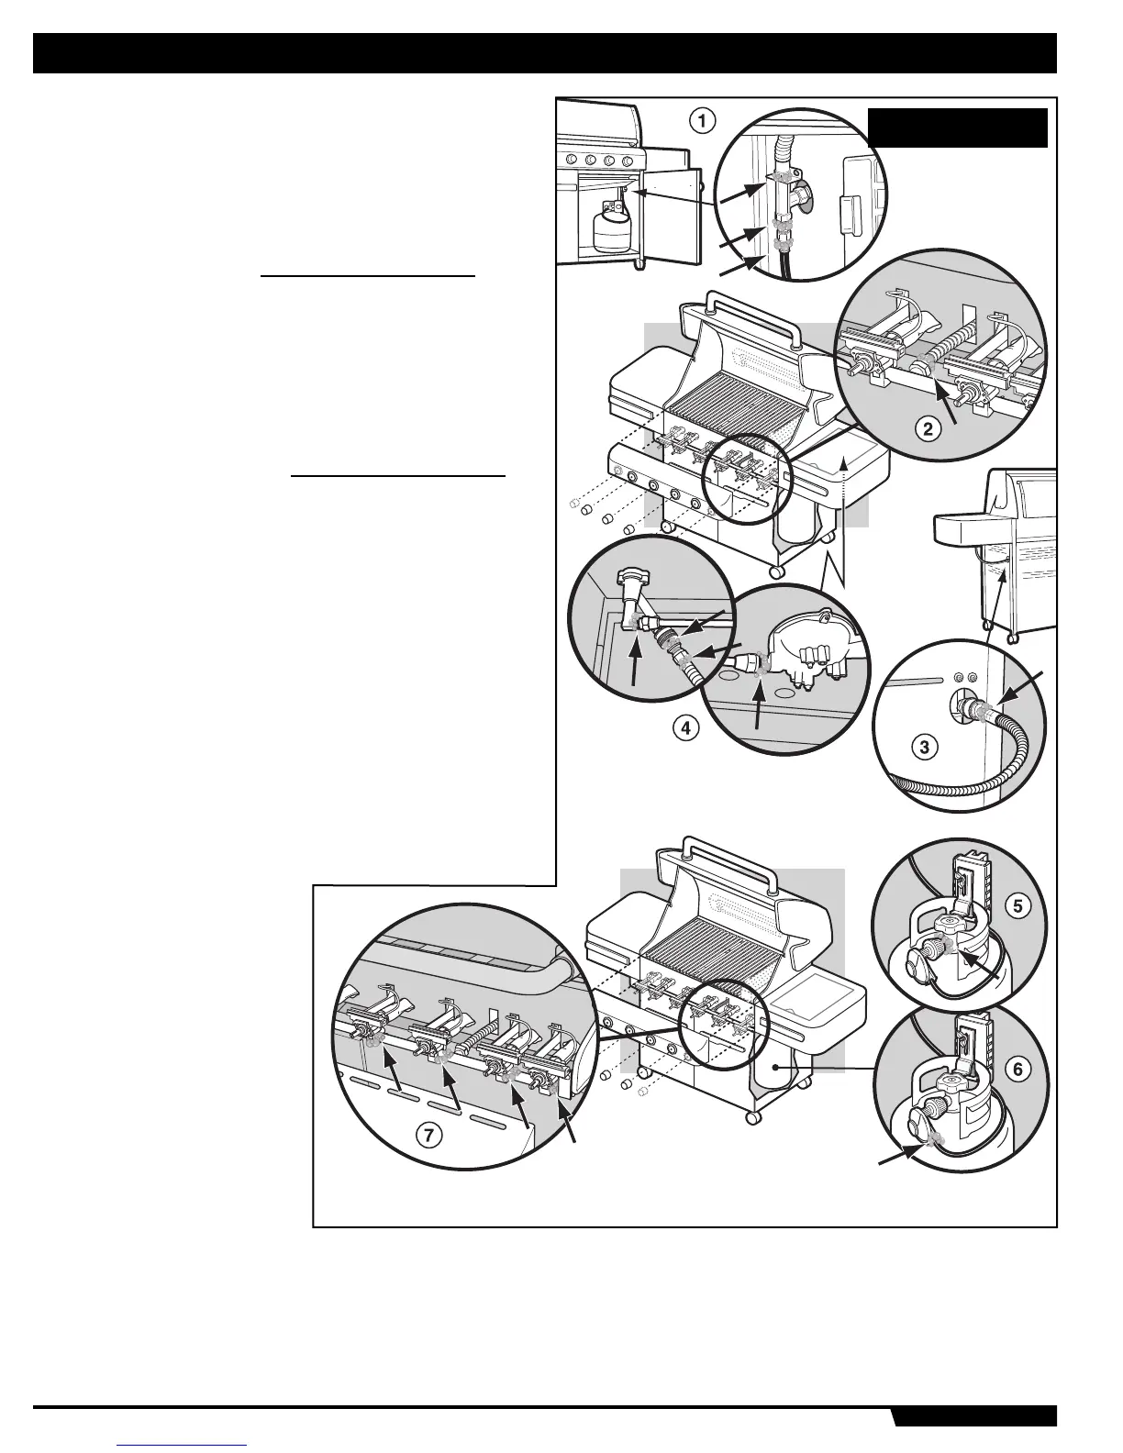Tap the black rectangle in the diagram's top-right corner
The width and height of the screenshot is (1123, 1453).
pos(958,128)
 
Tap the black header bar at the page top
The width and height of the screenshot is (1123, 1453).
pos(545,53)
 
